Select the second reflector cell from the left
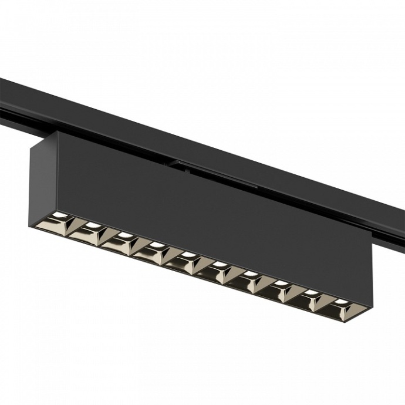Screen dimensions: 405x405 tap(86, 231)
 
